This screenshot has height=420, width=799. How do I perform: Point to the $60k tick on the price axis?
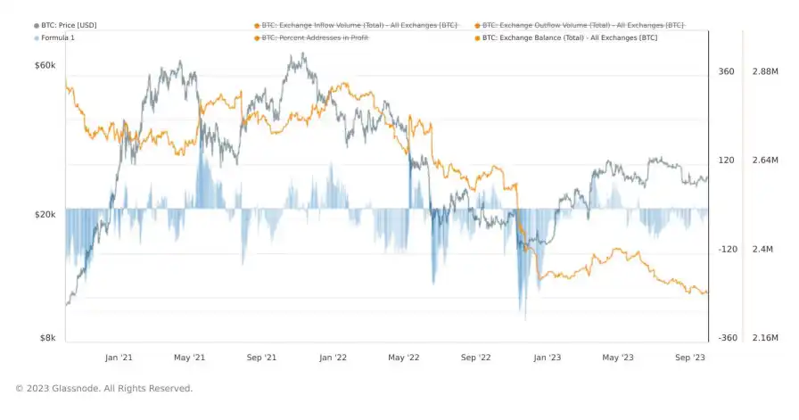(45, 66)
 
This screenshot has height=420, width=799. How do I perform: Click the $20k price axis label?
(45, 215)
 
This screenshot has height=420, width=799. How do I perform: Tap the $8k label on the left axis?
(48, 338)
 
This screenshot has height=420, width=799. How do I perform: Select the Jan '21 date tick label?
(119, 357)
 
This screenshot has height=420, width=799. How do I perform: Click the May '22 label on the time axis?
(403, 357)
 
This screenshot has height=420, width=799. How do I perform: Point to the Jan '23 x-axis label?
(547, 357)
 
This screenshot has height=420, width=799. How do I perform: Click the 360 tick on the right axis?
(726, 71)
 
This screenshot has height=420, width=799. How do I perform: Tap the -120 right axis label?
(728, 249)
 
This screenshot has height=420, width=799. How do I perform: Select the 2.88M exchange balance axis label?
(766, 71)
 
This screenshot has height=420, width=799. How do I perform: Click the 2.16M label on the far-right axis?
(766, 338)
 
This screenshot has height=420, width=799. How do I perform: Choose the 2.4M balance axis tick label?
(763, 249)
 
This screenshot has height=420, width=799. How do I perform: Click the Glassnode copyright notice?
(103, 388)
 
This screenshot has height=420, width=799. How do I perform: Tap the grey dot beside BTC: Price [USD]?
(37, 25)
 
